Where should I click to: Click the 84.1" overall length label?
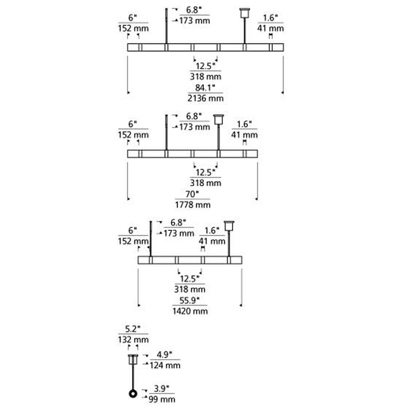coord(205,88)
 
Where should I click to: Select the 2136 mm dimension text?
coord(206,98)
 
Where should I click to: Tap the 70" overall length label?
coord(192,194)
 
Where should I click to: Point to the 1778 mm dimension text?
coord(193,205)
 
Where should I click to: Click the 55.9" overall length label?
coord(189,300)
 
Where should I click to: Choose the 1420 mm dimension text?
coord(190,311)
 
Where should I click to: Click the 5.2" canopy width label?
coord(133,329)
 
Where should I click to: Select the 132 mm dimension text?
coord(134,340)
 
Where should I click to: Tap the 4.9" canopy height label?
coord(165,355)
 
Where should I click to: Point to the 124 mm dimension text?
coord(165,365)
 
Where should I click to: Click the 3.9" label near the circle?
coord(162,389)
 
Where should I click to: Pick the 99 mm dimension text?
coord(162,399)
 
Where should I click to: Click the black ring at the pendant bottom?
coord(133,394)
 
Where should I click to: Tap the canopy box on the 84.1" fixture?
coord(245,13)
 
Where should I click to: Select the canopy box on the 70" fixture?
coord(218,119)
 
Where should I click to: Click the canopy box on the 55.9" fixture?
coord(229,226)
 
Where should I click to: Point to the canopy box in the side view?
coord(133,359)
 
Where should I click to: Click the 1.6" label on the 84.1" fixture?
coord(270,18)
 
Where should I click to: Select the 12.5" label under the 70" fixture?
coord(206,172)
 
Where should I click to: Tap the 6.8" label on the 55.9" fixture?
coord(178,223)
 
